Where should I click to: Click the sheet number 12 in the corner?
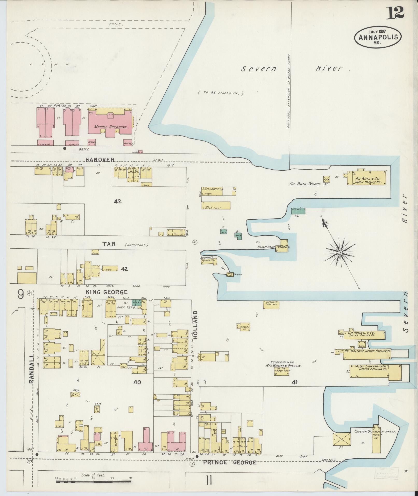395,13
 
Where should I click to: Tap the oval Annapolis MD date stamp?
378,37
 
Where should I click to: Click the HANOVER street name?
101,159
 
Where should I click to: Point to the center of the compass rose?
339,252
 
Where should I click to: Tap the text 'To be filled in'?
221,93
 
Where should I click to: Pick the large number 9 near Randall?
21,294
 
